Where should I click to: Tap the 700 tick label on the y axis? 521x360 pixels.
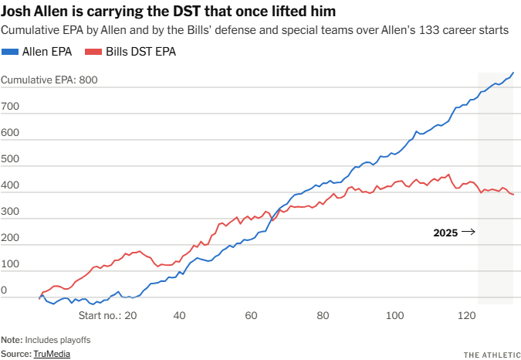[x=10, y=106]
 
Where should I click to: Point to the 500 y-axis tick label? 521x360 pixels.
[x=10, y=160]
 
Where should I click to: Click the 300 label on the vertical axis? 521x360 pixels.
[x=10, y=212]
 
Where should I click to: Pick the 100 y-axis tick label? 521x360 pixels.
[x=10, y=264]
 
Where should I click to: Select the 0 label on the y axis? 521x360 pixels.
[x=4, y=290]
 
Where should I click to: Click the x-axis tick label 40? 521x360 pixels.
[x=179, y=315]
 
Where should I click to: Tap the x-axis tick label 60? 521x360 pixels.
[x=251, y=315]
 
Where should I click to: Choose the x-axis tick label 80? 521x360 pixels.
[x=323, y=315]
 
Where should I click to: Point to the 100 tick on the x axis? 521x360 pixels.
[x=395, y=315]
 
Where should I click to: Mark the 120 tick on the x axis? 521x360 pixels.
[x=467, y=315]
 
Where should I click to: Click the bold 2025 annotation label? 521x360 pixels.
[x=446, y=232]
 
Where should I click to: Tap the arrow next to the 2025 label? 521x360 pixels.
[x=469, y=232]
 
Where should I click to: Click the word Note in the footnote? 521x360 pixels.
[x=11, y=340]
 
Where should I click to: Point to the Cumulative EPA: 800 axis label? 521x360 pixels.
[x=49, y=80]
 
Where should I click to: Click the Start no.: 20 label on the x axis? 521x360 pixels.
[x=108, y=315]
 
